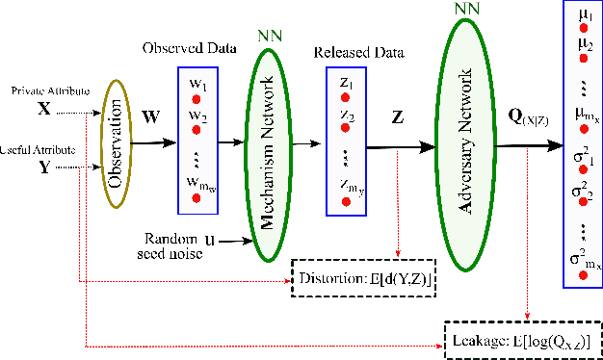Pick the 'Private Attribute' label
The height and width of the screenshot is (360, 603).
click(48, 90)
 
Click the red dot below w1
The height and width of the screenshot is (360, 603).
click(196, 99)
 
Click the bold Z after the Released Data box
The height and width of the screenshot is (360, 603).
click(397, 117)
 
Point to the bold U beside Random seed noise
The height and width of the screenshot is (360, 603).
click(208, 236)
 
